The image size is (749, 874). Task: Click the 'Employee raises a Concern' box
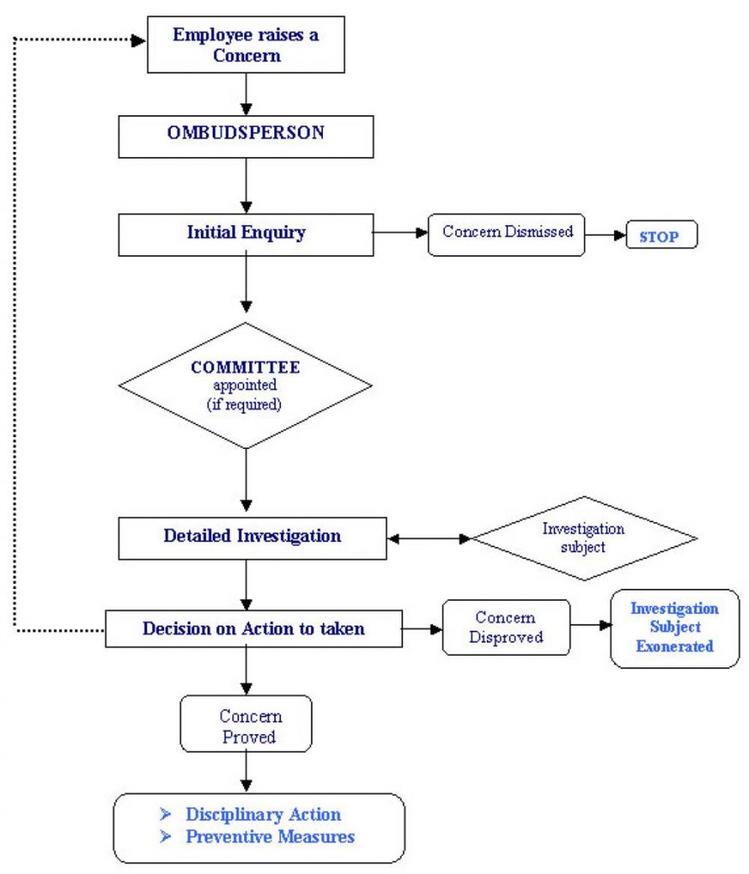coord(246,45)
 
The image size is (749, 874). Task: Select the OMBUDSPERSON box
coord(246,135)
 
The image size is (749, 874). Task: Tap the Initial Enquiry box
coord(246,233)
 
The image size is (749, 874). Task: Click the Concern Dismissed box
coord(506,233)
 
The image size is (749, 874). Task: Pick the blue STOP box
coord(662,236)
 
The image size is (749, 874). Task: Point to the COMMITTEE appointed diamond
coord(246,385)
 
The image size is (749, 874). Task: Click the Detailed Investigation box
coord(252,537)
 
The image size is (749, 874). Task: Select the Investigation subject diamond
coord(584,539)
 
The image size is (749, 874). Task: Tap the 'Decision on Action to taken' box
coord(254,629)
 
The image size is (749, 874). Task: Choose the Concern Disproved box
coord(506,627)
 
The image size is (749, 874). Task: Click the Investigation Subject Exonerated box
coord(674,628)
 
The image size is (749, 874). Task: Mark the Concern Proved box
coord(246,725)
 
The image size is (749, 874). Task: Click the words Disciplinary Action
coord(263,814)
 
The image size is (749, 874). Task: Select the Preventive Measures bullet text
coord(270,836)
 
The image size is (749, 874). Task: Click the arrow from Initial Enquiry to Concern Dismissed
coord(401,231)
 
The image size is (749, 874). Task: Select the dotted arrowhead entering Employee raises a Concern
coord(139,39)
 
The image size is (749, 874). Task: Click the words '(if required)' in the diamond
coord(244,405)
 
